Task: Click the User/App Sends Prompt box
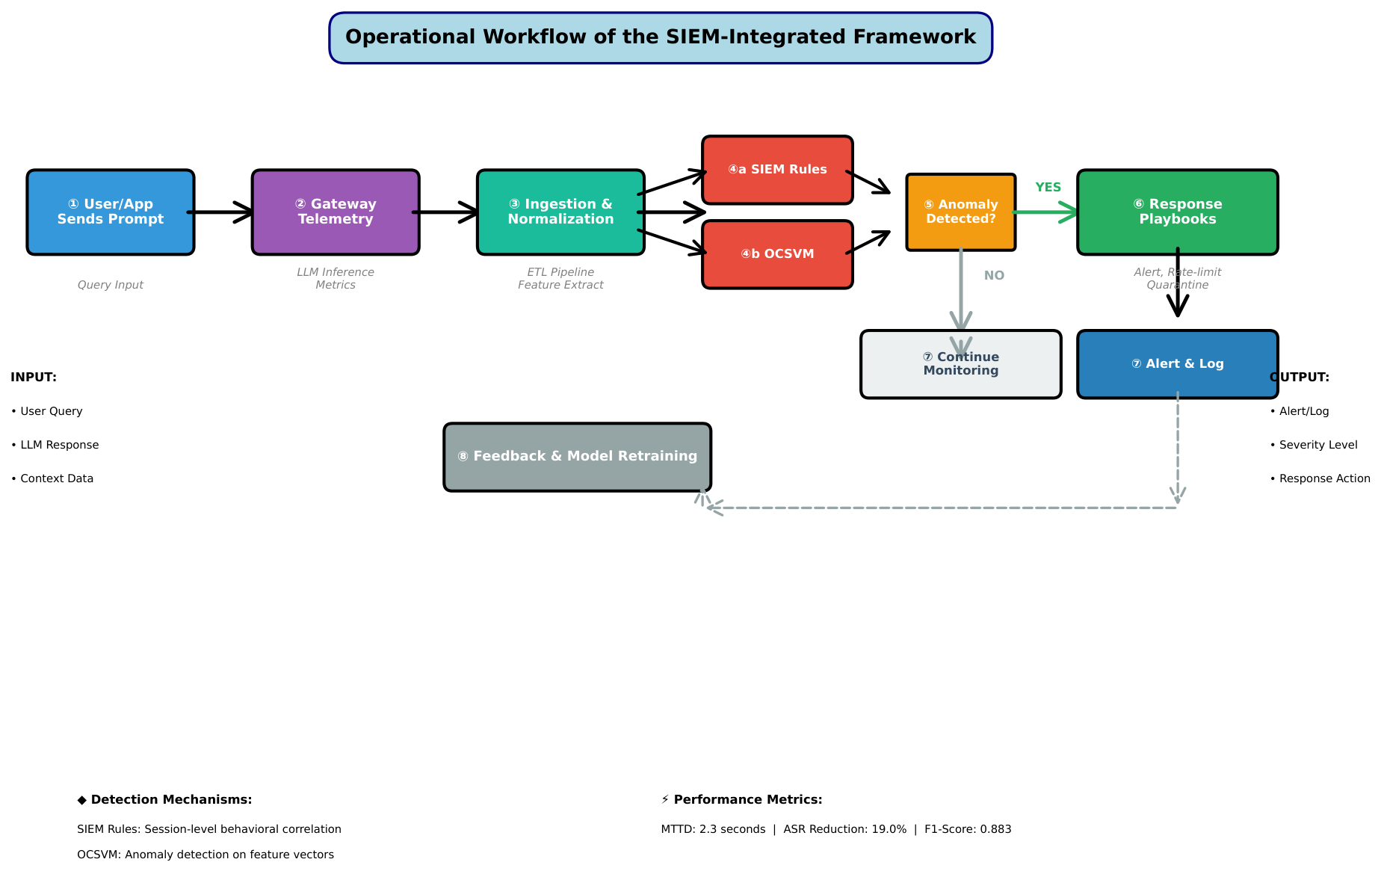pos(111,212)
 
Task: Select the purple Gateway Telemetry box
pos(336,212)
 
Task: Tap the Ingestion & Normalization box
pos(560,212)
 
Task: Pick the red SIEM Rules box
pos(777,170)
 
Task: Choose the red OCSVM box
pos(777,254)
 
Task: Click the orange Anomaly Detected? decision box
pos(961,212)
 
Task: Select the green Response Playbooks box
pos(1178,212)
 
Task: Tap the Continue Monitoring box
pos(961,364)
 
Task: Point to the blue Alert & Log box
pos(1178,364)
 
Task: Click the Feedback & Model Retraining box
pos(578,457)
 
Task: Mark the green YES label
pos(1048,188)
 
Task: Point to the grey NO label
pos(994,276)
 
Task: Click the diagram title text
pos(661,37)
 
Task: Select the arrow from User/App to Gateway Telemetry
pos(220,212)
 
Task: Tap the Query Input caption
pos(111,285)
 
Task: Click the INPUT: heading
pos(34,378)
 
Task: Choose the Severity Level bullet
pos(1314,445)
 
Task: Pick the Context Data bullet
pos(52,478)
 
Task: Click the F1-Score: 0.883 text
pos(968,829)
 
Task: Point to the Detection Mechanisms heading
pos(164,800)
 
